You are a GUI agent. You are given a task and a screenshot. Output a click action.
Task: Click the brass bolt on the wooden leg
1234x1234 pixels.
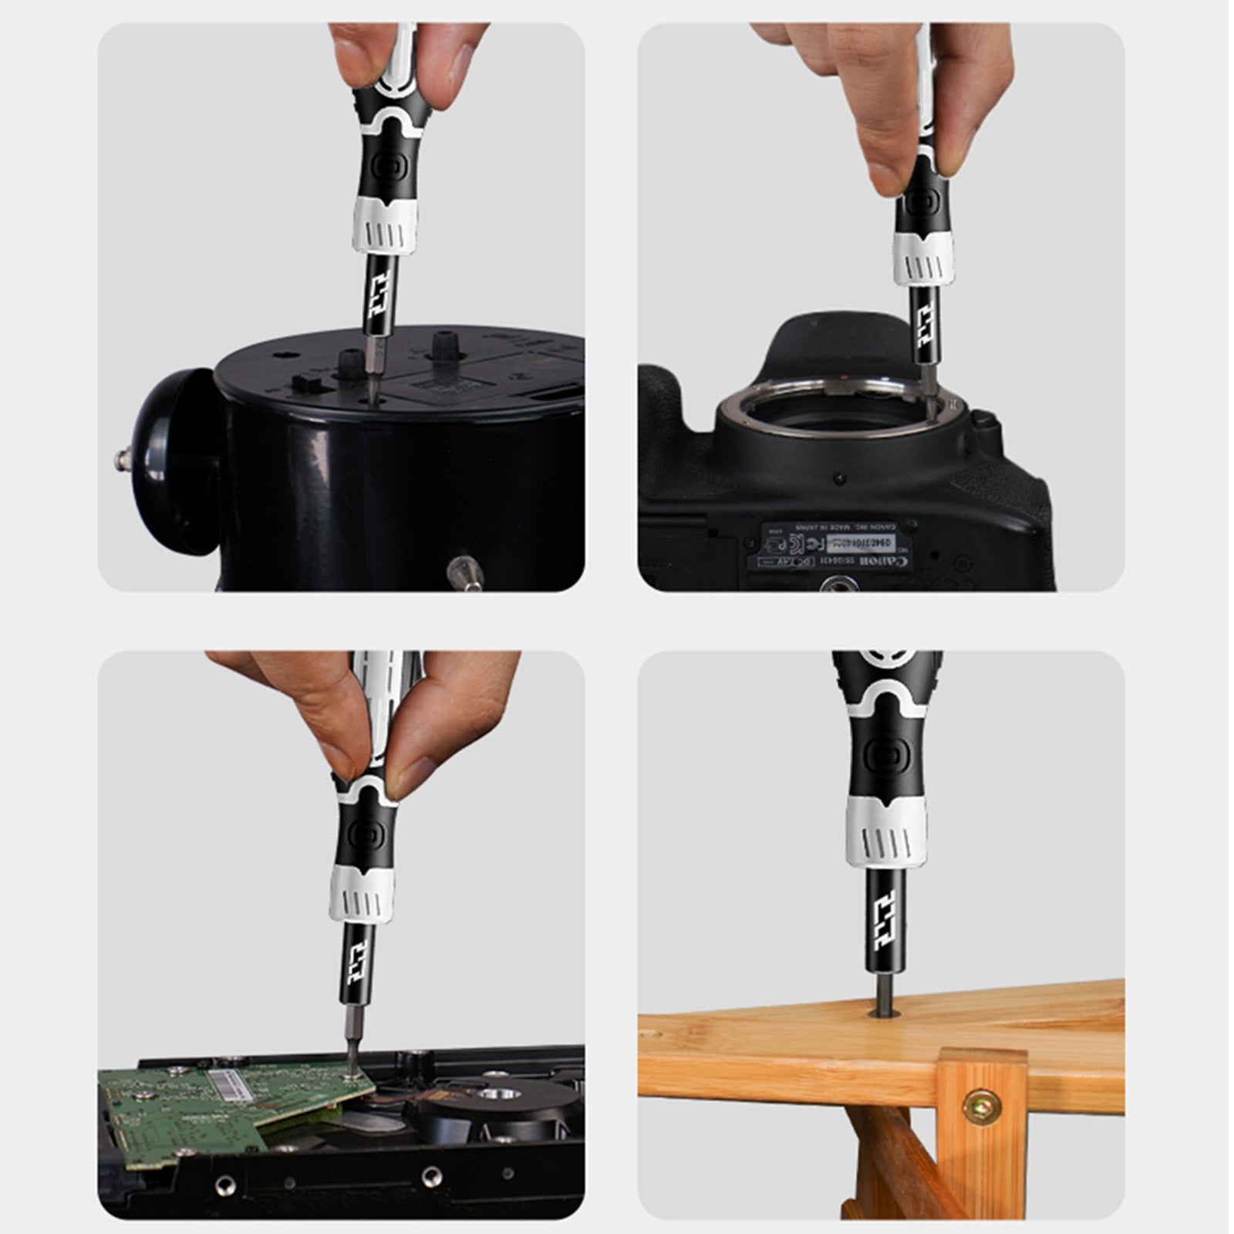click(982, 1107)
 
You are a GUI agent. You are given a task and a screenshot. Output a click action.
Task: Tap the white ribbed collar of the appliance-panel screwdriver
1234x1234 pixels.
click(386, 223)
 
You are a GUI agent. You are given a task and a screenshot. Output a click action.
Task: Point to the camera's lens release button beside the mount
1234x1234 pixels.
click(984, 421)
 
